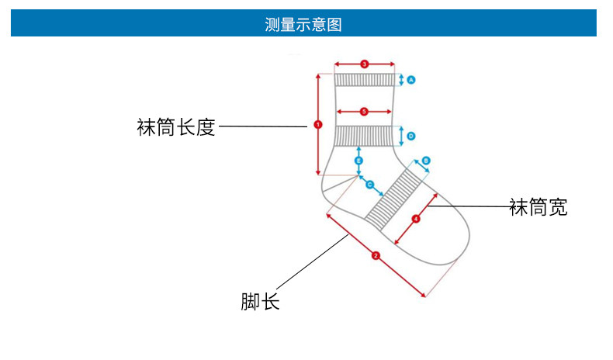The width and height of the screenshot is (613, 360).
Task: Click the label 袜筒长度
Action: (175, 127)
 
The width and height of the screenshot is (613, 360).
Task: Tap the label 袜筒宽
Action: (538, 207)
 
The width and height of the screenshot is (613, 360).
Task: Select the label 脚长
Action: (260, 301)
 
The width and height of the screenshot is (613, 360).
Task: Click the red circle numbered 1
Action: (317, 124)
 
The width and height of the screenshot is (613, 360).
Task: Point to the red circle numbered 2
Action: (376, 254)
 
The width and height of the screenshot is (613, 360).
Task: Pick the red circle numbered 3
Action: (364, 64)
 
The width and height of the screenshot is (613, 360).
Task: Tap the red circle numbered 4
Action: (415, 219)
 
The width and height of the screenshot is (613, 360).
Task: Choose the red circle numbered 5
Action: (364, 112)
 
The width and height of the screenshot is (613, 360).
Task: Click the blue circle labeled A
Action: (411, 80)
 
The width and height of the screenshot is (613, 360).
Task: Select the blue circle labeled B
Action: (426, 161)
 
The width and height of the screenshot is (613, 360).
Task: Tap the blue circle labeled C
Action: (369, 185)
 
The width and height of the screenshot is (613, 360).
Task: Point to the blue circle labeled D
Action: (411, 136)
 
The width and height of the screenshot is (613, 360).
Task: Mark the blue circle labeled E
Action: (358, 161)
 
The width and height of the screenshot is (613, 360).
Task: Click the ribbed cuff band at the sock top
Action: (364, 80)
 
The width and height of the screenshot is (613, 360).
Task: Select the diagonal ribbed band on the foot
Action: (393, 199)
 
